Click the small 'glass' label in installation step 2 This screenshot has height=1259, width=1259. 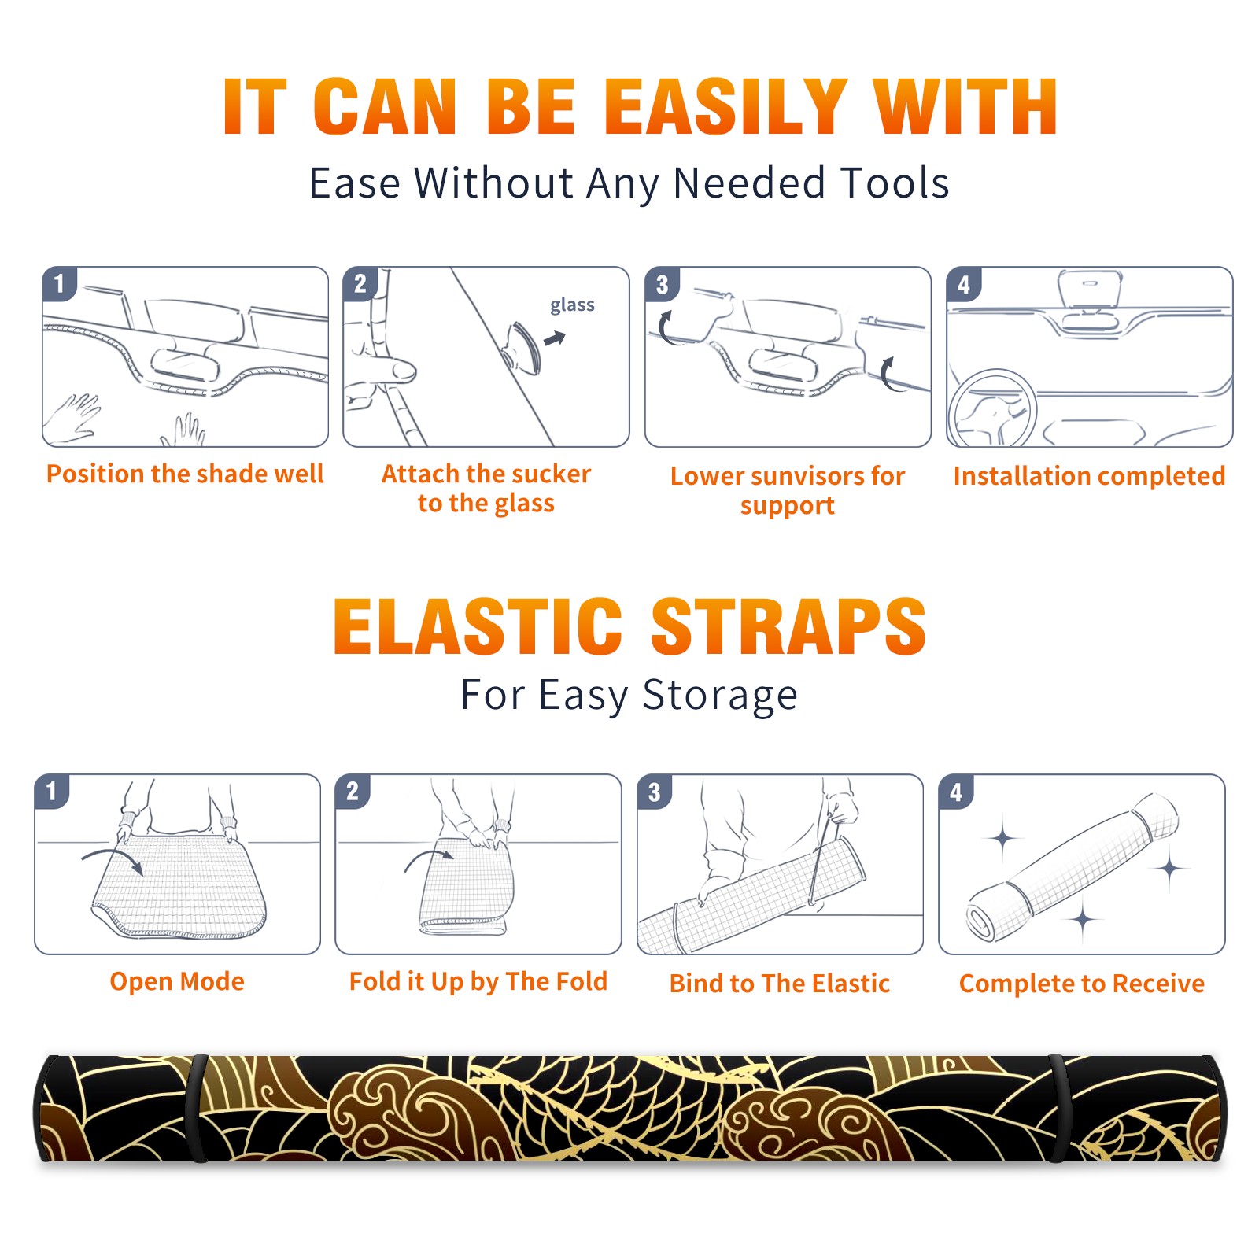point(572,305)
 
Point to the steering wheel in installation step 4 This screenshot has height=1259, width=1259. point(992,409)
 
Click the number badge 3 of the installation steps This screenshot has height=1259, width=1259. point(662,284)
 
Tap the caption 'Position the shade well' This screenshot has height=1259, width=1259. point(185,474)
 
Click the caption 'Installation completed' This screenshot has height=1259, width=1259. point(1089,475)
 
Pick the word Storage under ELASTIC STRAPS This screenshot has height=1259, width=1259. point(720,696)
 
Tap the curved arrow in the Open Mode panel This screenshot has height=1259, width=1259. point(112,859)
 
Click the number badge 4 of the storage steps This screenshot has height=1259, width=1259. point(956,792)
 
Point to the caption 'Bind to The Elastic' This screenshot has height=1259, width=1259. point(780,984)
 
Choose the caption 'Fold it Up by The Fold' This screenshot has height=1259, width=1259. point(478,982)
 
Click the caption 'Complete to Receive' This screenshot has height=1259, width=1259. point(1082,984)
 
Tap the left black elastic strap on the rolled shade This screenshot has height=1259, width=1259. point(198,1108)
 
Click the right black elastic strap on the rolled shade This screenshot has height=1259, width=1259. point(1058,1108)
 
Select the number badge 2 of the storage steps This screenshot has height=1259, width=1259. point(353,792)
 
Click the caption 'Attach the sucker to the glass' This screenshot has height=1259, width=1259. point(486,488)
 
